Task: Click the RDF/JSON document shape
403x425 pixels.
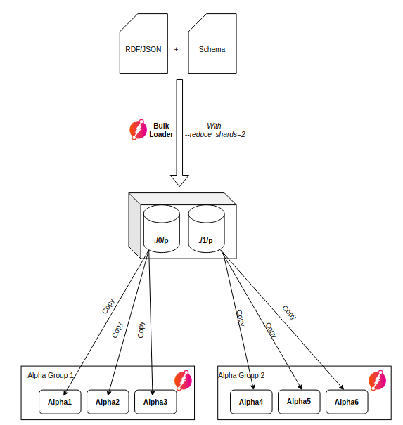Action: pos(143,49)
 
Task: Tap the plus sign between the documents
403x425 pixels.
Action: pos(176,50)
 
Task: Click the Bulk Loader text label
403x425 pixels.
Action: pos(161,130)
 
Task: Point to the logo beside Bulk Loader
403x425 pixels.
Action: pos(138,130)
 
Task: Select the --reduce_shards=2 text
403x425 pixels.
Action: pos(215,134)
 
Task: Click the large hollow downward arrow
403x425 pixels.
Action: pos(180,133)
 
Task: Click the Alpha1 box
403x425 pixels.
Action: pos(60,402)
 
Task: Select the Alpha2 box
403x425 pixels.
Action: pos(108,402)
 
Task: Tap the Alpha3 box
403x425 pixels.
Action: pos(155,402)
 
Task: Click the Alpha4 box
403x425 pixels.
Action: pos(251,402)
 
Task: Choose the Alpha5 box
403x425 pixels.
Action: pos(299,401)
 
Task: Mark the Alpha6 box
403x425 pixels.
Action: pos(347,402)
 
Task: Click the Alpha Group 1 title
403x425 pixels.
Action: pos(51,376)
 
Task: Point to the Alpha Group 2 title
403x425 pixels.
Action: pos(242,376)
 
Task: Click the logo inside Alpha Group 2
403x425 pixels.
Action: pos(378,380)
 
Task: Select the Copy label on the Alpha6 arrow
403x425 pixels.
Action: pos(289,313)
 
